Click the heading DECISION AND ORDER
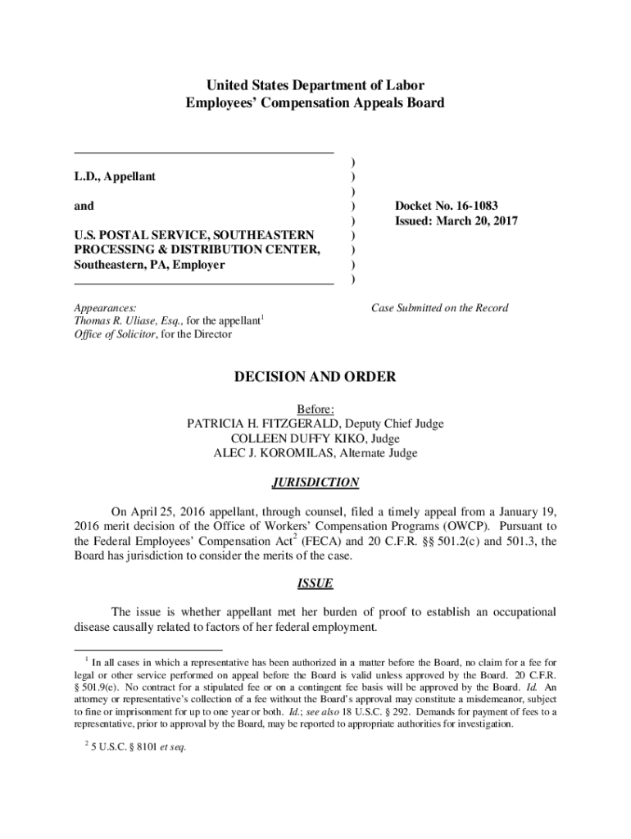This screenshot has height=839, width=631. [315, 377]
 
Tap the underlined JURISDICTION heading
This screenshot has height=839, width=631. [315, 483]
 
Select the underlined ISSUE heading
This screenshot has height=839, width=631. [315, 584]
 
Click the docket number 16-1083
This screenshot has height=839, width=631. [470, 206]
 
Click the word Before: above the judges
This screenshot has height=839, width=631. [315, 409]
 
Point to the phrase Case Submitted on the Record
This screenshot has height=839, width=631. [439, 308]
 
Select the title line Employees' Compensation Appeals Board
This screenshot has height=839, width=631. [315, 103]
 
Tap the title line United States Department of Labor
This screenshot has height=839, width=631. [315, 85]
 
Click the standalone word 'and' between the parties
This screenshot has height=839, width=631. [84, 206]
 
